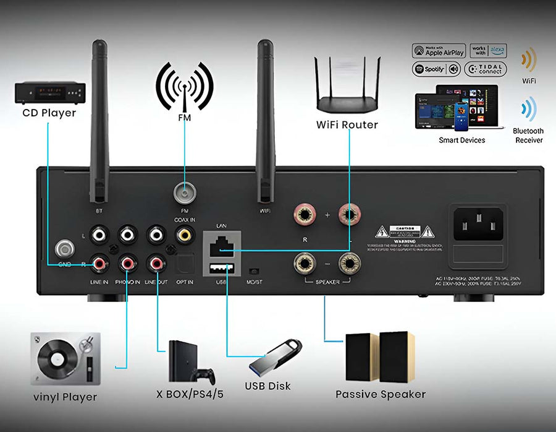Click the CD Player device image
pyautogui.click(x=49, y=93)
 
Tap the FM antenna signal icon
pyautogui.click(x=184, y=87)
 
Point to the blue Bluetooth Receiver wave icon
pyautogui.click(x=528, y=110)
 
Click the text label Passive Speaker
pyautogui.click(x=381, y=394)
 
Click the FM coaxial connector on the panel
pyautogui.click(x=183, y=194)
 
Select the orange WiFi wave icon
pyautogui.click(x=528, y=61)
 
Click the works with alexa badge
pyautogui.click(x=487, y=51)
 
